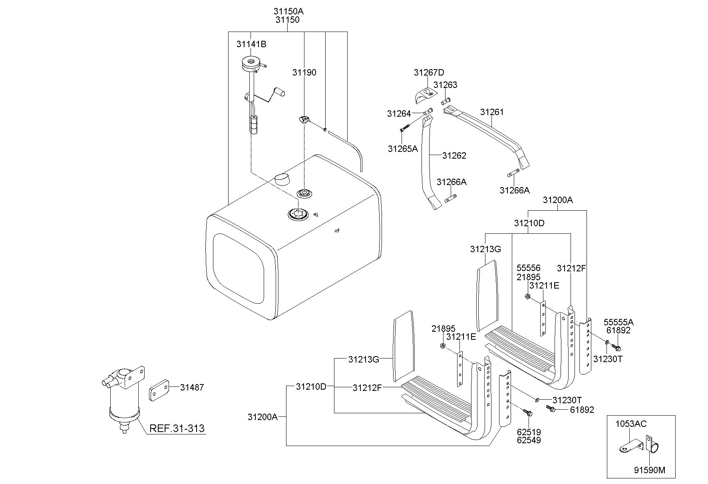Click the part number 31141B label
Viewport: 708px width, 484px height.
(x=251, y=44)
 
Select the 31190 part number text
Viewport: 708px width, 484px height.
(x=304, y=72)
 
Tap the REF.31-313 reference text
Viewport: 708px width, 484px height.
(x=177, y=428)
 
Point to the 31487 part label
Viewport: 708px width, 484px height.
(x=192, y=387)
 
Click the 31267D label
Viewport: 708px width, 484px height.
(x=429, y=72)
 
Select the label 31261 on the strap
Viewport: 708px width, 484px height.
(x=492, y=112)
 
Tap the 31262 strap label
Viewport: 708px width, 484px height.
(x=454, y=155)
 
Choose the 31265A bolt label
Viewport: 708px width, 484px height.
(x=402, y=149)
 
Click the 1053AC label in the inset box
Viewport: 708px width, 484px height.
(x=630, y=424)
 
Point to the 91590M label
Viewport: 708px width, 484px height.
(x=649, y=470)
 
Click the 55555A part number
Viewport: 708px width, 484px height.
(x=618, y=322)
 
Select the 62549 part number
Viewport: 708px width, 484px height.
(x=529, y=440)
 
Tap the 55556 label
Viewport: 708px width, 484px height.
(x=528, y=268)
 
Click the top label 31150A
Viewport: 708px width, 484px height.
(x=286, y=12)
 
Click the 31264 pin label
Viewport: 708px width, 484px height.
(x=399, y=114)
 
